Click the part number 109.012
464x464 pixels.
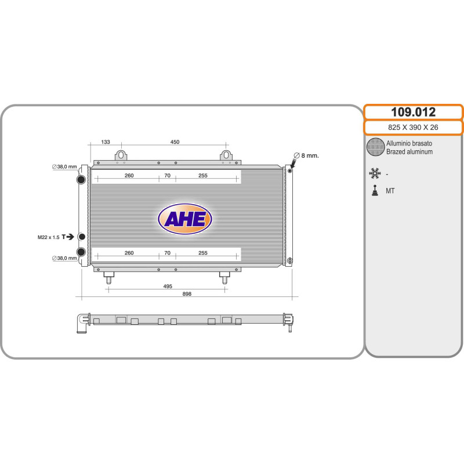[413, 112]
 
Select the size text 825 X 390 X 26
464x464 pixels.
[413, 128]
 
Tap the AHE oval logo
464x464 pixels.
[185, 219]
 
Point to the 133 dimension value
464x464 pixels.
[106, 142]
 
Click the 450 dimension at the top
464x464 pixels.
[175, 142]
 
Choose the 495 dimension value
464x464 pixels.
[168, 286]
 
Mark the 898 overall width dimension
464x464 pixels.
[187, 294]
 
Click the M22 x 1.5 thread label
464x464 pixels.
[49, 237]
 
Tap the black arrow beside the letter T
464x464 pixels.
[70, 237]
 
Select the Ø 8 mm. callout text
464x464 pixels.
[306, 155]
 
